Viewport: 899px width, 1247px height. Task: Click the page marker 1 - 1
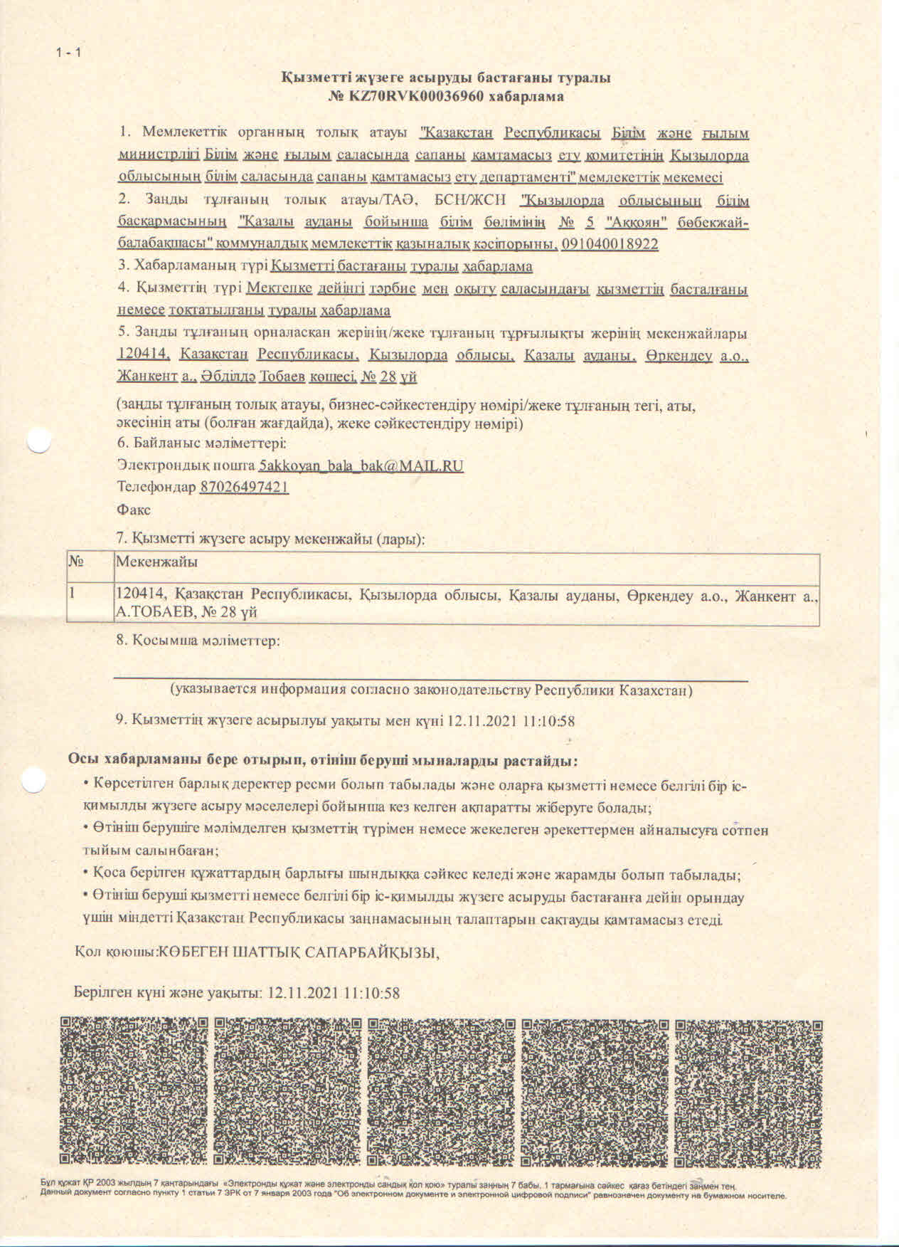[x=69, y=52]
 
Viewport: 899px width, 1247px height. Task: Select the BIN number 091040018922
[x=610, y=244]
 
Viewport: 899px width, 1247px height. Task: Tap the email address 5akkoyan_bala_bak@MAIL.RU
[x=361, y=465]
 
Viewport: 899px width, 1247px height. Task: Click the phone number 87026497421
[x=245, y=488]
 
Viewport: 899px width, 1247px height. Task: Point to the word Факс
[x=134, y=510]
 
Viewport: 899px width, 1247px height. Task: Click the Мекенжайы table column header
[x=157, y=562]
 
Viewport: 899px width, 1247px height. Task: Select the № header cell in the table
[x=77, y=562]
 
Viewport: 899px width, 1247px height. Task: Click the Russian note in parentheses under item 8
[x=431, y=690]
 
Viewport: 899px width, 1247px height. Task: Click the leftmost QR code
[x=134, y=1092]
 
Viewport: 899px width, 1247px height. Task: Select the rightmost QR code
[x=749, y=1092]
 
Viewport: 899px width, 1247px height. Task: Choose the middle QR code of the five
[x=442, y=1092]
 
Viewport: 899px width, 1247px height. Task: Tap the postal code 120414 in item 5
[x=144, y=354]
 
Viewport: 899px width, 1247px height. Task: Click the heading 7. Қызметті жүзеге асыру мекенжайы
[x=270, y=539]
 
